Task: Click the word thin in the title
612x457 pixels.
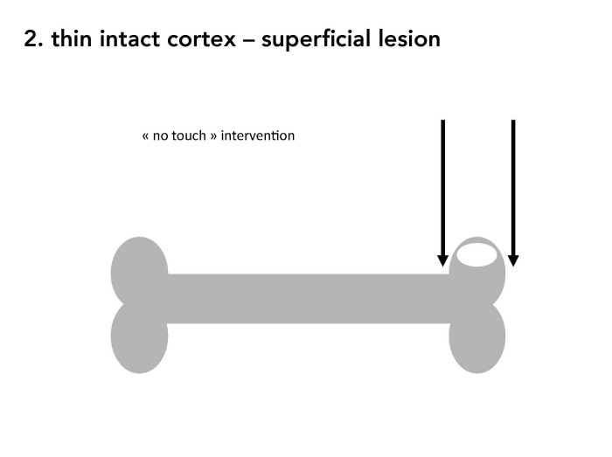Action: (x=72, y=38)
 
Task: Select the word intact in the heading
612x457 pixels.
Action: (x=129, y=38)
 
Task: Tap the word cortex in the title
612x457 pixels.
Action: (x=201, y=40)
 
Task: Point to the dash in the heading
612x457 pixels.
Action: (x=248, y=40)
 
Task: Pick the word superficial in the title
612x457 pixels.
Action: (x=316, y=39)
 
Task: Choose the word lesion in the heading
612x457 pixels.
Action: (x=409, y=38)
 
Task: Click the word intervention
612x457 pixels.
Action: (x=258, y=135)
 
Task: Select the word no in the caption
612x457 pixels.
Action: (x=160, y=137)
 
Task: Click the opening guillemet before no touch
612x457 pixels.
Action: (x=145, y=136)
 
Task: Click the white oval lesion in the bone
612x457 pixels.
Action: (x=477, y=254)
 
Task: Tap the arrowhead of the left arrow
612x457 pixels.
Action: (x=442, y=261)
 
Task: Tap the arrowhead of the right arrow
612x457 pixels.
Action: (x=513, y=261)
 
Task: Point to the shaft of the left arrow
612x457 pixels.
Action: (x=442, y=188)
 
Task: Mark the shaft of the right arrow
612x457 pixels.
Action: (x=513, y=188)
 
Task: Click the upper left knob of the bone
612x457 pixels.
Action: (x=139, y=269)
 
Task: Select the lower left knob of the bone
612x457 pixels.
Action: (x=139, y=338)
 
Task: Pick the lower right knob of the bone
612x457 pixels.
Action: (x=477, y=338)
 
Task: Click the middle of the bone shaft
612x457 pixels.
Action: (x=309, y=299)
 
